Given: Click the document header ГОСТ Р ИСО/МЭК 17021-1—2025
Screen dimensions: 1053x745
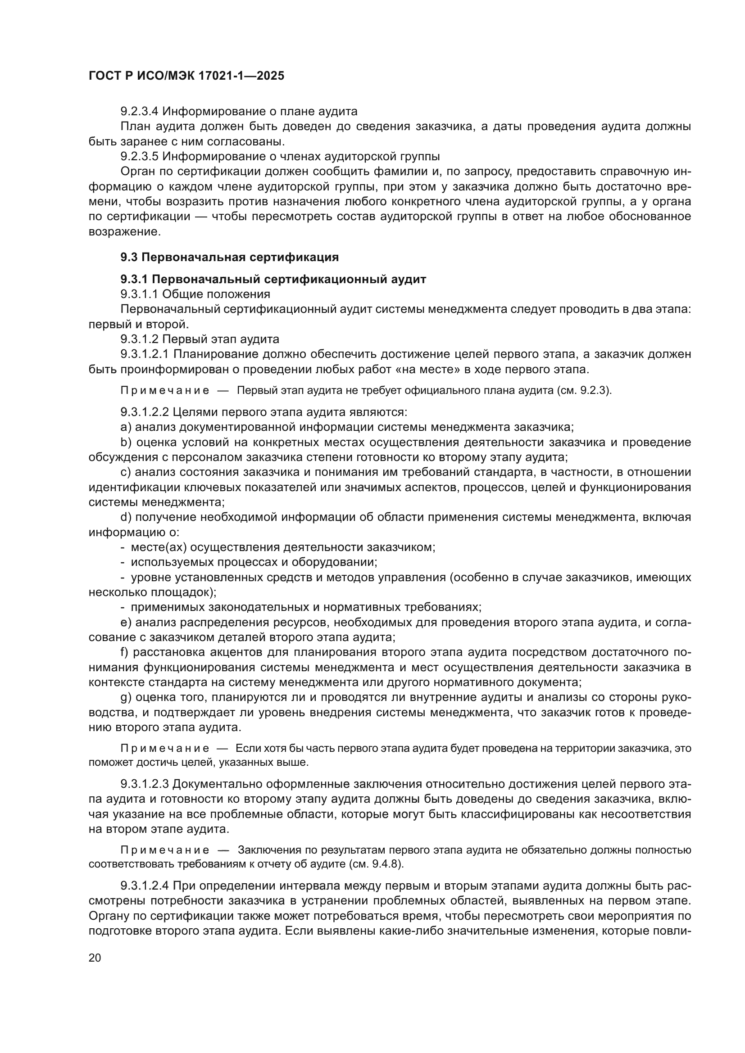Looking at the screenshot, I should [186, 76].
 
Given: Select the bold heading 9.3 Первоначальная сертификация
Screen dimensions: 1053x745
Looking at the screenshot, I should [229, 258].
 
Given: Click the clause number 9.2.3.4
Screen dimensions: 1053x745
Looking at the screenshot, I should [140, 112].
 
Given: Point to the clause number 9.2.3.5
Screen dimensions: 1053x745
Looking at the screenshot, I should [140, 156].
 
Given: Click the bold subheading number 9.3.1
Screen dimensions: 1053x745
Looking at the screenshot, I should [134, 279].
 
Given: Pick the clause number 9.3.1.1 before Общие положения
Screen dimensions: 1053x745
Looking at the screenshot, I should [140, 294].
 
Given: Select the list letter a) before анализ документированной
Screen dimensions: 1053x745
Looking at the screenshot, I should [126, 427].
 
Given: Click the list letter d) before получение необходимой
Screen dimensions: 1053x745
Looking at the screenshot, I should [126, 517].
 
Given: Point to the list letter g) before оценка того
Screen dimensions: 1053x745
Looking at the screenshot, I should [126, 697].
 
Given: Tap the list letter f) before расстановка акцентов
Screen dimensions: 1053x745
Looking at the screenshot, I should [125, 652].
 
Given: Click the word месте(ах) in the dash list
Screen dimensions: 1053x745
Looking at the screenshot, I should [158, 547].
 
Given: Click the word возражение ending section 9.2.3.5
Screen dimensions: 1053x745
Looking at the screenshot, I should [124, 231].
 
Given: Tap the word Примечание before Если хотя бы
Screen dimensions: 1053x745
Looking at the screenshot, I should [165, 749].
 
